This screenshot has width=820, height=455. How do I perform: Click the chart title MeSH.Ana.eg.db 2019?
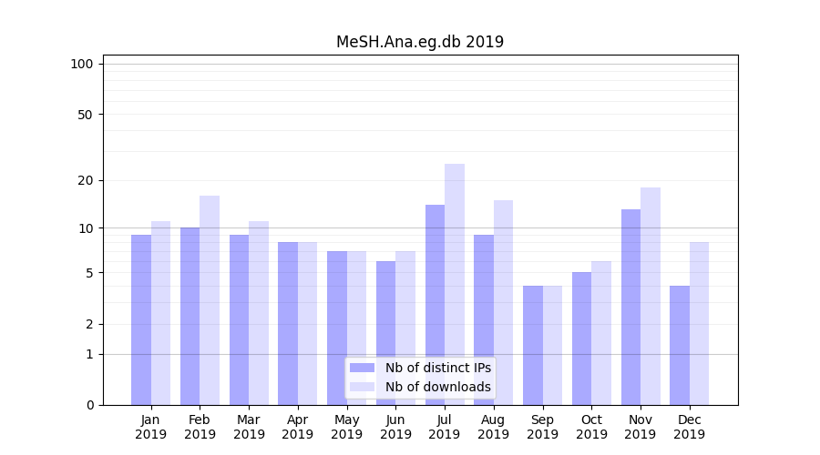[419, 42]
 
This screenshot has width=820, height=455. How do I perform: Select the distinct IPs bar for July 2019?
[435, 305]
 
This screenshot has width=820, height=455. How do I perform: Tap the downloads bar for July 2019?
[455, 284]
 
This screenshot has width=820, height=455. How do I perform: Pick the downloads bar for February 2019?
[210, 300]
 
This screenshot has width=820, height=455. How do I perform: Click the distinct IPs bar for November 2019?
[630, 307]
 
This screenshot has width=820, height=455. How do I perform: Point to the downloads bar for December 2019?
[700, 323]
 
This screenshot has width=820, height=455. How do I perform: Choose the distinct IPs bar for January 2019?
[141, 319]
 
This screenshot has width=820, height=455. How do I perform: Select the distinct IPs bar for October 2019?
[581, 339]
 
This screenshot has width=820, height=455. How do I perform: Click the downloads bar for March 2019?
[259, 313]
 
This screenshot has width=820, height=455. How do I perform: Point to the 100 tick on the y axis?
[82, 64]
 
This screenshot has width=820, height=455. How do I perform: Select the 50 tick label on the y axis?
[86, 115]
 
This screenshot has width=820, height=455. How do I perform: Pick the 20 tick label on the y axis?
[86, 180]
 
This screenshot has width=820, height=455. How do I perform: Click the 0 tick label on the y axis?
[89, 405]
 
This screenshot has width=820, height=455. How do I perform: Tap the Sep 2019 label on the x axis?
[542, 427]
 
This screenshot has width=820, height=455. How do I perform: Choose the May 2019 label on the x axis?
[346, 427]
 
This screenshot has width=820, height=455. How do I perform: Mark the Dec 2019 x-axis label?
[689, 427]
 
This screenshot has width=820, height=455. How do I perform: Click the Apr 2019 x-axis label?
[298, 427]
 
